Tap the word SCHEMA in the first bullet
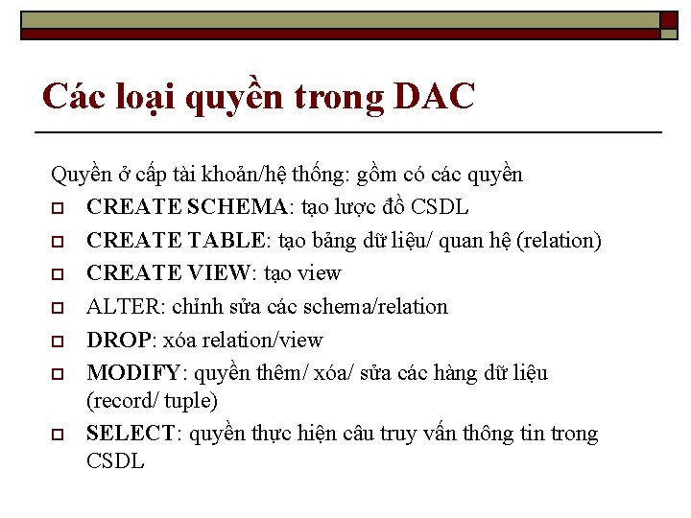coord(237,207)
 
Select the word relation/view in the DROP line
coord(274,341)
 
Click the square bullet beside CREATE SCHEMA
coord(58,208)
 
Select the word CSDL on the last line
coord(115,461)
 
